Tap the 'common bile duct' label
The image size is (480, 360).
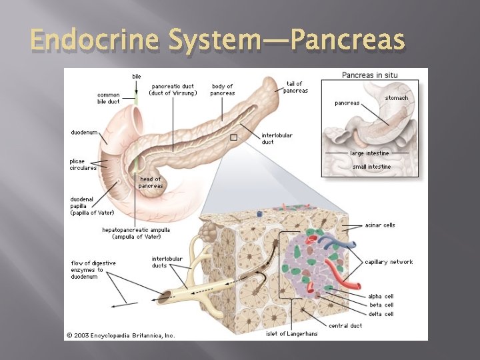(x=109, y=99)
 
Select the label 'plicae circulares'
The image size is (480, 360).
(x=83, y=164)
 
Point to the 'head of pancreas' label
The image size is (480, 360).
(x=151, y=182)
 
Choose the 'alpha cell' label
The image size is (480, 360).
(x=381, y=296)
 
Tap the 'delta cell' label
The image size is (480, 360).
(x=381, y=314)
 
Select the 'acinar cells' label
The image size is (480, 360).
(x=380, y=225)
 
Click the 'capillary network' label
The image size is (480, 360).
(x=389, y=262)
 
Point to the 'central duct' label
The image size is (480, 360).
(x=346, y=325)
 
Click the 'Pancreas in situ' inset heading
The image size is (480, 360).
(x=369, y=75)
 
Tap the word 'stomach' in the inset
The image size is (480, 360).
(x=397, y=98)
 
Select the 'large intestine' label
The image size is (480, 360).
(x=370, y=153)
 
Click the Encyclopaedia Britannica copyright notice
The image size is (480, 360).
(x=121, y=335)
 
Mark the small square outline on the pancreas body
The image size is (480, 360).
(x=233, y=137)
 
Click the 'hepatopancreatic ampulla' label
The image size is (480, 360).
(x=136, y=233)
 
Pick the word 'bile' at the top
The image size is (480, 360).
(x=137, y=77)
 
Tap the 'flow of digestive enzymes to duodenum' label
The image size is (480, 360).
(x=93, y=269)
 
